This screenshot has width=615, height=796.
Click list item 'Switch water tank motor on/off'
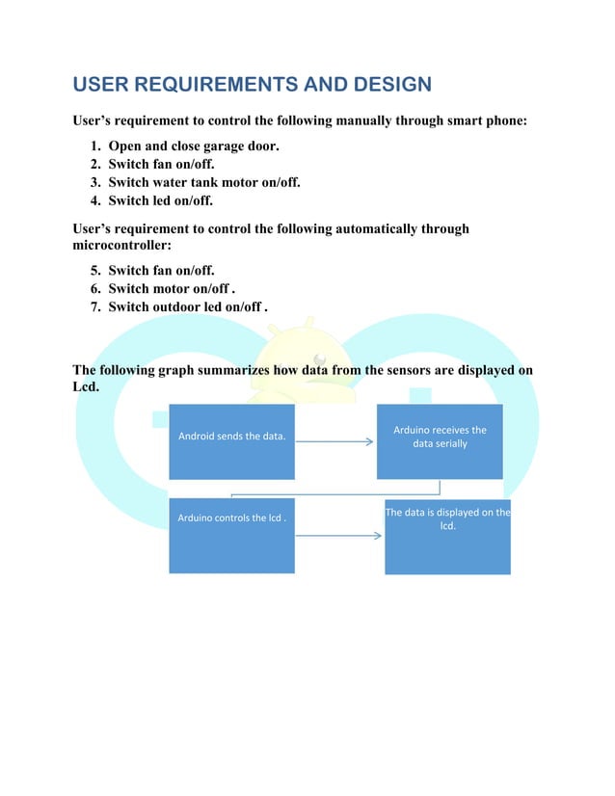203,183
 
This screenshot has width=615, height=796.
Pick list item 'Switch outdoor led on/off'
188,307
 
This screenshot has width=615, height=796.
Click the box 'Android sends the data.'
231,441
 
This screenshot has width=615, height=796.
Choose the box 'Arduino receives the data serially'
440,441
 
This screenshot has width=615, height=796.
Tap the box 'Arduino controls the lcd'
231,536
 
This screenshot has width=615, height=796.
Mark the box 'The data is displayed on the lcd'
447,536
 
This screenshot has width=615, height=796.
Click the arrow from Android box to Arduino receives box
334,442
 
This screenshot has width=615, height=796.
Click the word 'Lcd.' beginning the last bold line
88,387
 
